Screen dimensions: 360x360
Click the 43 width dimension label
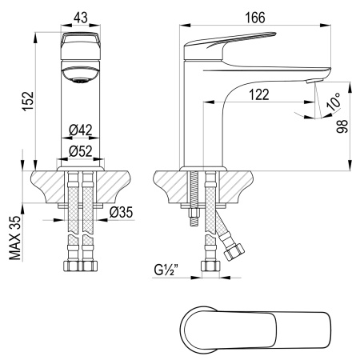79,16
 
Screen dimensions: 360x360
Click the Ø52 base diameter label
78,150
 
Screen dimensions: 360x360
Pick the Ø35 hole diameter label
120,212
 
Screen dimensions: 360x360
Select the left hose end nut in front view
68,266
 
